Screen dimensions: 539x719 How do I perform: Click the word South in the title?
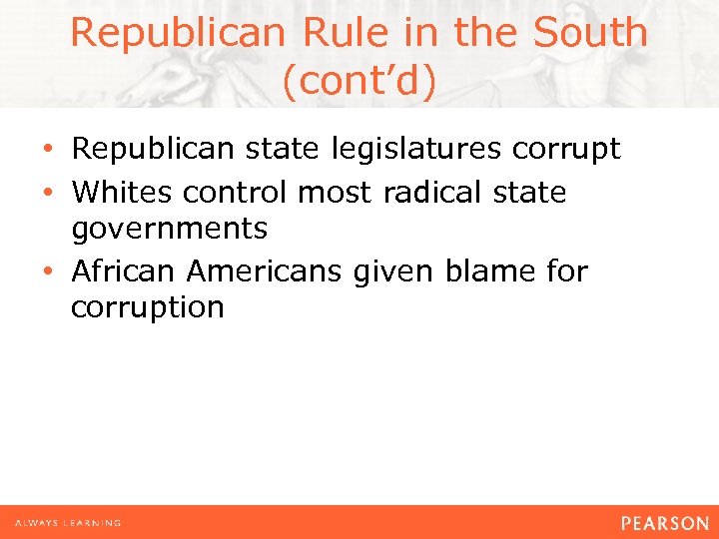[590, 33]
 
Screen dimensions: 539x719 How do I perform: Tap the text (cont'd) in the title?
[359, 81]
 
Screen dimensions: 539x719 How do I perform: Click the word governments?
[169, 230]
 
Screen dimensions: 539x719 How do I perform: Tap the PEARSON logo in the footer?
[664, 523]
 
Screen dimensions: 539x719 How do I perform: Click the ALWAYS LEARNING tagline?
[68, 523]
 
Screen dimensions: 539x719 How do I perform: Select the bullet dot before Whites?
[50, 192]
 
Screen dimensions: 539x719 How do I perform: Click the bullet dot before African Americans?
[50, 271]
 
